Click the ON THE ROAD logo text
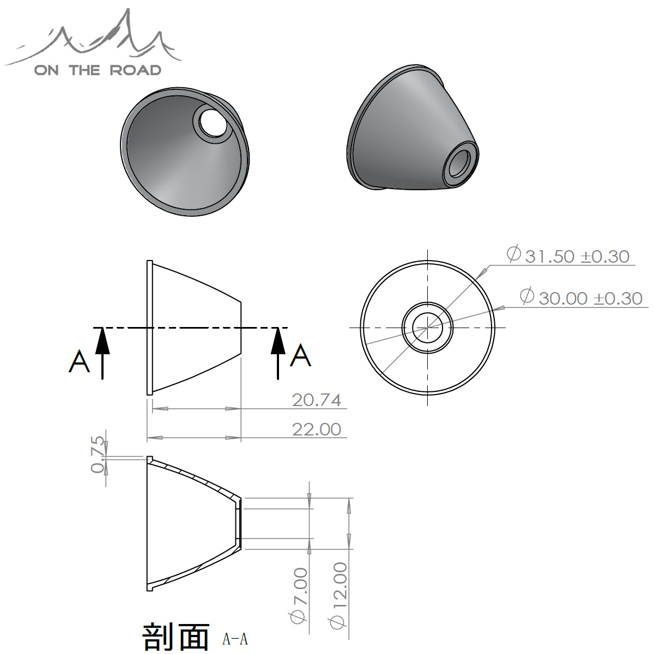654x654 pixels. point(98,70)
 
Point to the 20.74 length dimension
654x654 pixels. point(317,400)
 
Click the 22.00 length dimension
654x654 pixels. point(317,429)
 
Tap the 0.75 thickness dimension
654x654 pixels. point(98,453)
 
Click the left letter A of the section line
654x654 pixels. point(80,361)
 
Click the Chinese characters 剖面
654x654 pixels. point(175,636)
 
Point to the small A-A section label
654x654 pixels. point(235,639)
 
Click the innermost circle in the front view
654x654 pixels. point(427,328)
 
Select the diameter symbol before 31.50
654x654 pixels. point(513,255)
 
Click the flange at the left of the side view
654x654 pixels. point(149,327)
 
